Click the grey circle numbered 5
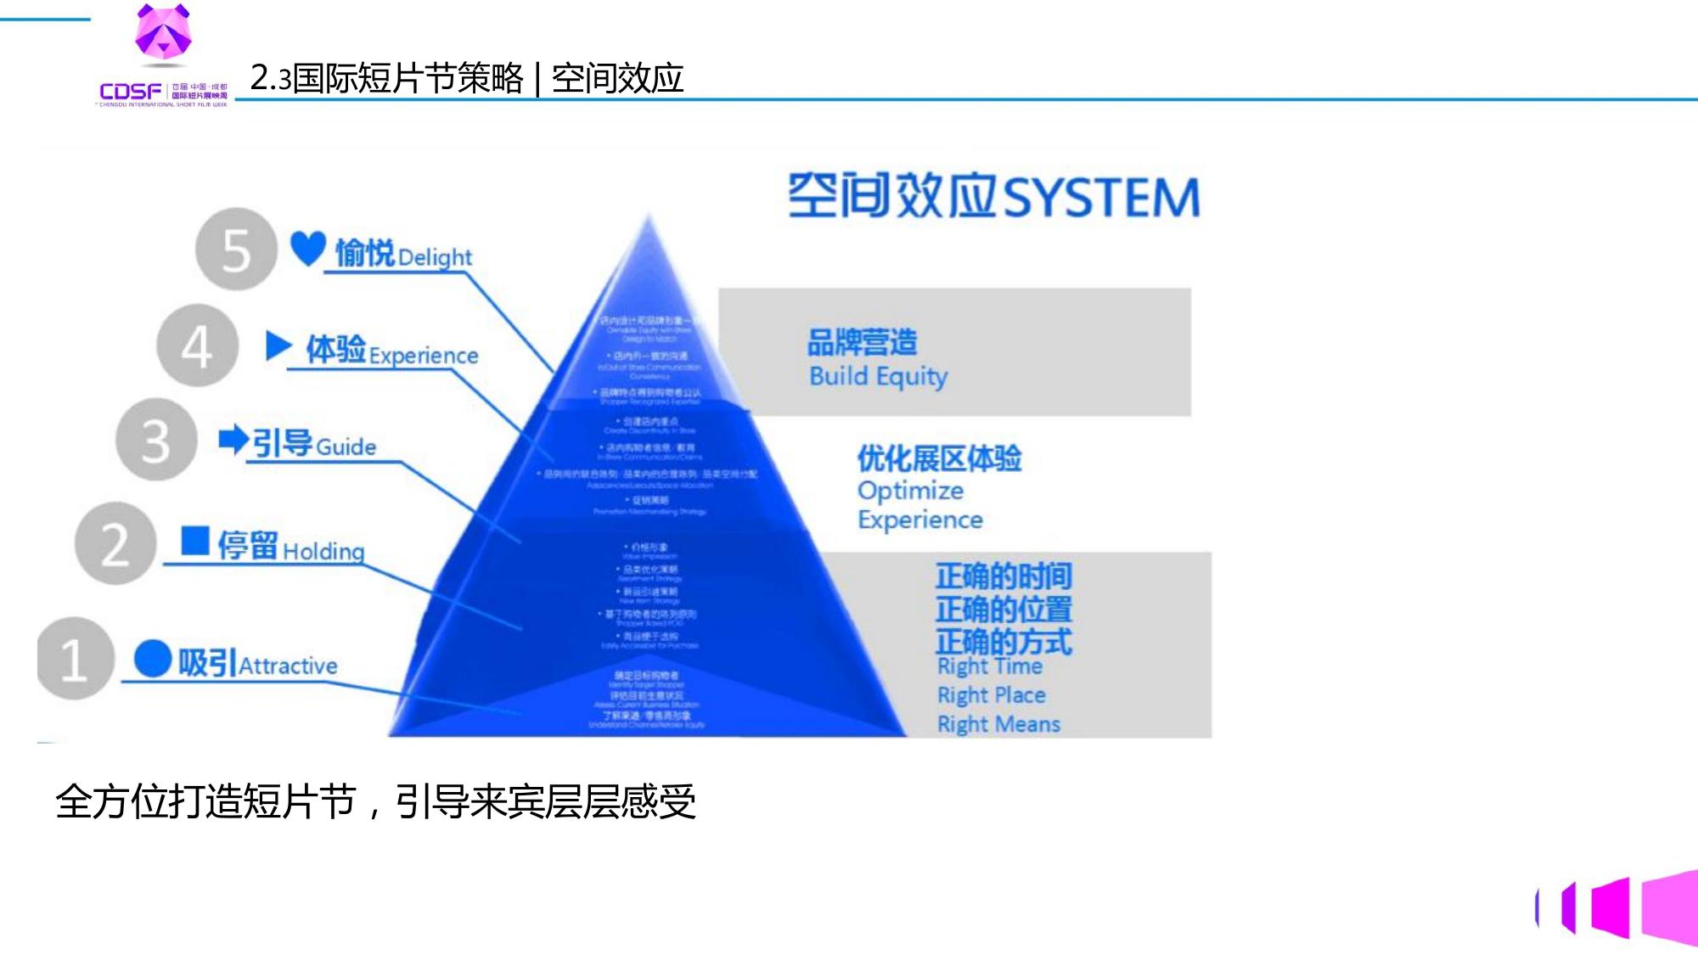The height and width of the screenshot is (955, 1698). tap(236, 250)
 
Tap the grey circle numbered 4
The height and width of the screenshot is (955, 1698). tap(197, 345)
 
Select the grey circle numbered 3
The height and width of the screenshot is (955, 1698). tap(156, 440)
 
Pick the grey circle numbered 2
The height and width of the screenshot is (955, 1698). tap(115, 543)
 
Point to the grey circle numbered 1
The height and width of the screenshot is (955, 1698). tap(75, 659)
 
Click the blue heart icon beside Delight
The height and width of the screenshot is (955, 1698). tap(307, 248)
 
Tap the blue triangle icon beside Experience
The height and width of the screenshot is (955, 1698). tap(278, 345)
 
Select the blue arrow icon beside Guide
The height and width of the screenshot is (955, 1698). tap(233, 439)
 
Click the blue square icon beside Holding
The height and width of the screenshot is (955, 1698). tap(195, 541)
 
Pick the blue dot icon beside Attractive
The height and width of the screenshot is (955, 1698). tap(153, 659)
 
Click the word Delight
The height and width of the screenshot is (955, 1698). tap(435, 256)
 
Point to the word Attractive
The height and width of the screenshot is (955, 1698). tap(288, 666)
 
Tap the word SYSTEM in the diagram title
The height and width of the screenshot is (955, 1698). tap(1101, 198)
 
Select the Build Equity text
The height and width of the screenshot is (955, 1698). tap(878, 376)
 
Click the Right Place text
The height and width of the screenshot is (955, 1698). tap(991, 695)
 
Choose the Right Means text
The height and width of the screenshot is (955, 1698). tap(998, 724)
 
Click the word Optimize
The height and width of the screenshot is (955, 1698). tap(910, 491)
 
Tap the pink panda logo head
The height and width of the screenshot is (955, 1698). tap(163, 31)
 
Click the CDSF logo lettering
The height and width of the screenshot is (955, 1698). tap(130, 91)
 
